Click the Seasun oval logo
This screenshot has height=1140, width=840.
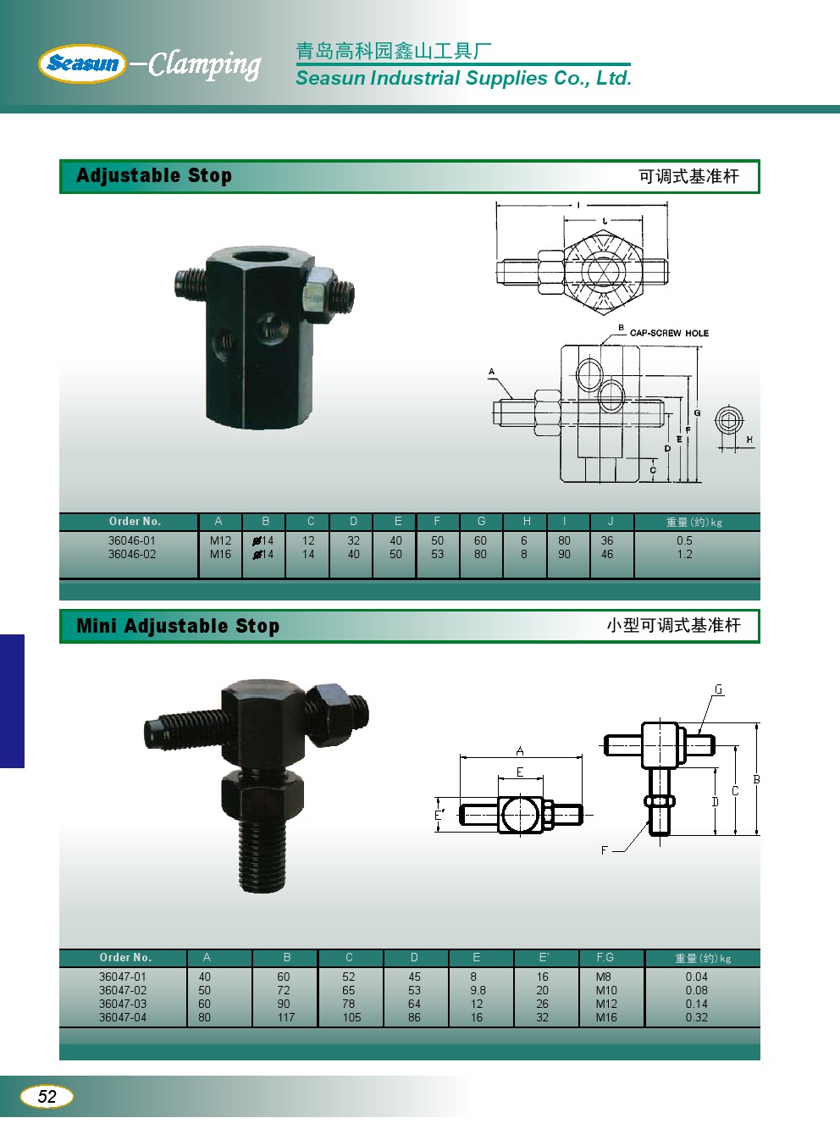tap(82, 64)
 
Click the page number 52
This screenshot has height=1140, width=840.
tap(47, 1096)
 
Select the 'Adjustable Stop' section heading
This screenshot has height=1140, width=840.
tap(153, 175)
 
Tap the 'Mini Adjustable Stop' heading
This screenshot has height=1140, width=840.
tap(178, 625)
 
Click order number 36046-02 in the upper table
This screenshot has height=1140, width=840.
tap(132, 554)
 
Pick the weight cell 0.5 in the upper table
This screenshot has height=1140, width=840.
tap(684, 540)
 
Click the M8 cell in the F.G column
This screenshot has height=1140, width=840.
tap(604, 977)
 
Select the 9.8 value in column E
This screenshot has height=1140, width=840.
tap(478, 990)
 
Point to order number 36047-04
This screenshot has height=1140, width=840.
tap(123, 1017)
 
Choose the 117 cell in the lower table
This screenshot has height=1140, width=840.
tap(286, 1017)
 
